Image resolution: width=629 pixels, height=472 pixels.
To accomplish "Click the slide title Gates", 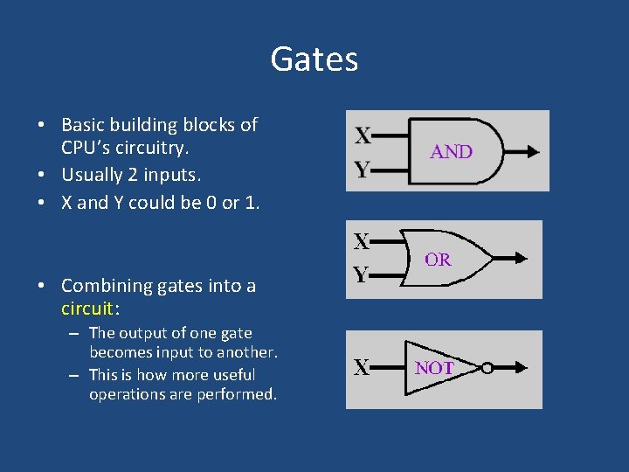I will [x=314, y=59].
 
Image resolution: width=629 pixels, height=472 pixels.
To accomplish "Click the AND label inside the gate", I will [x=452, y=151].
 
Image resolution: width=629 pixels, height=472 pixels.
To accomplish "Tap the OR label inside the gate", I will [x=438, y=259].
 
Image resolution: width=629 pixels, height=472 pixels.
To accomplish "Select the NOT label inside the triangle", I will [x=434, y=368].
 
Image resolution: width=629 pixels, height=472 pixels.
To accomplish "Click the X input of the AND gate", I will [x=363, y=135].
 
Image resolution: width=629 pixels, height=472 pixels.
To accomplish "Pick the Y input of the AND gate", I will [x=363, y=169].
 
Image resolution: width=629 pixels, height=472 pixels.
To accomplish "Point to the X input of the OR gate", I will [x=360, y=239].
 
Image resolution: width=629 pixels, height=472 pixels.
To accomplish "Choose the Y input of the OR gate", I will [x=360, y=275].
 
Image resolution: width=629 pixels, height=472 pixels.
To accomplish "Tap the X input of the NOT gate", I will [x=362, y=368].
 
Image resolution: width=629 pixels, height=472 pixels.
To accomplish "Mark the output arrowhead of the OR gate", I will [x=521, y=258].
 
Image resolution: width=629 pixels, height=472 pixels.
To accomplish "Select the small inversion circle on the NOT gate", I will [x=487, y=368].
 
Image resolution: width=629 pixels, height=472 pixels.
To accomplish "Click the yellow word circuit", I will [x=87, y=308].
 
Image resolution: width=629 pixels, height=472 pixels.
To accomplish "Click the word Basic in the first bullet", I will [x=83, y=125].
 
